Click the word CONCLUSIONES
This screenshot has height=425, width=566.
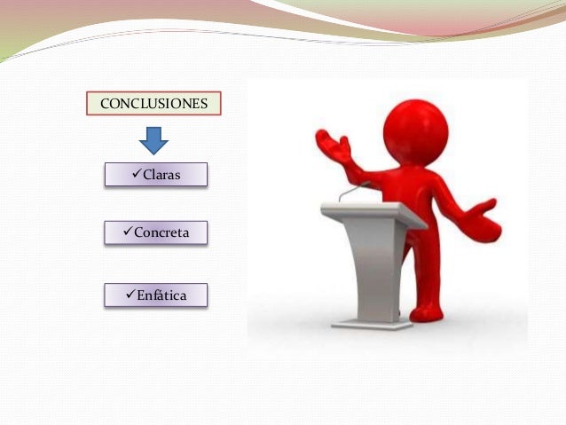pyautogui.click(x=154, y=104)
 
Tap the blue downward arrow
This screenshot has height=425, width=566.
pyautogui.click(x=153, y=139)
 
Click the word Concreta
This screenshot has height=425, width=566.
pyautogui.click(x=162, y=233)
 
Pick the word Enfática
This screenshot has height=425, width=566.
pyautogui.click(x=161, y=295)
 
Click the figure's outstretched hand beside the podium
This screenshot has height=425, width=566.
pyautogui.click(x=483, y=215)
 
